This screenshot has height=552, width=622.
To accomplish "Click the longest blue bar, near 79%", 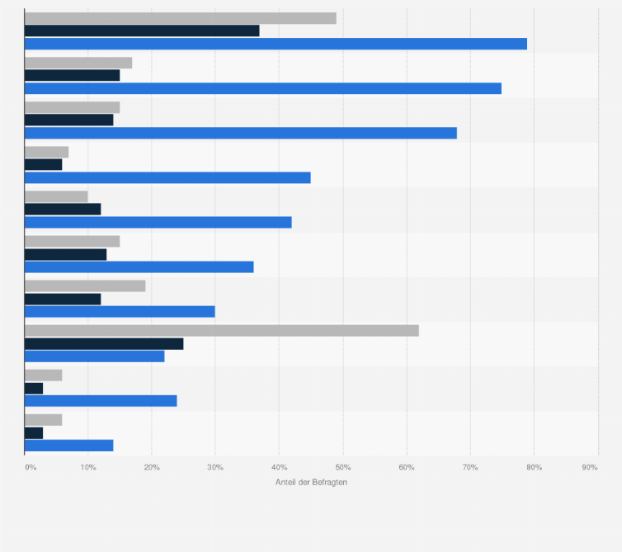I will point(276,44).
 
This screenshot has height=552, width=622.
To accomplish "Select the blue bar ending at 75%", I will point(263,88).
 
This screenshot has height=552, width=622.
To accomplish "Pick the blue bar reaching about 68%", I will point(241,133).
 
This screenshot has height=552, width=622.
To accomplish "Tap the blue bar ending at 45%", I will point(167,177).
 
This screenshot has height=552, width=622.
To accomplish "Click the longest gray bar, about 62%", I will point(222,330).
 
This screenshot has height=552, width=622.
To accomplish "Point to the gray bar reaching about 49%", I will point(181,18).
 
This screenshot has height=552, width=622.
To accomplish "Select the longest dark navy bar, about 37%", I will point(142,31).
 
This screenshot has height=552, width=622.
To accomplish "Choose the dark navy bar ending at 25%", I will point(104,343).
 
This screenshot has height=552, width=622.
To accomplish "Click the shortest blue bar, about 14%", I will point(69,446).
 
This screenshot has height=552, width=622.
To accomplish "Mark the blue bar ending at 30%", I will point(120,311).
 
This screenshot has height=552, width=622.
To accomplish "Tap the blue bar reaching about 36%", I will point(139,267).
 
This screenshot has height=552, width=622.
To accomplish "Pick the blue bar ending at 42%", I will point(158,222).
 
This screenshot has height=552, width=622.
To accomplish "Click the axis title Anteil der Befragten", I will point(311,482).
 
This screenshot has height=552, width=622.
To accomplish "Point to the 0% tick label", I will point(31,468).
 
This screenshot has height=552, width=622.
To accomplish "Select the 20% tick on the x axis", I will point(152,468).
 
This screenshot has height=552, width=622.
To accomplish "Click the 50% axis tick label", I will point(343,468).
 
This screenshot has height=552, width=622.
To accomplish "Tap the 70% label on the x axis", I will point(470,468).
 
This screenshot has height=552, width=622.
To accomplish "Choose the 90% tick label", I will point(590,468).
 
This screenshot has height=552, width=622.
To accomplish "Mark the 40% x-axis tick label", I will point(279,468).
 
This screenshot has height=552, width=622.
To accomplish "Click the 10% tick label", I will point(88,468).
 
